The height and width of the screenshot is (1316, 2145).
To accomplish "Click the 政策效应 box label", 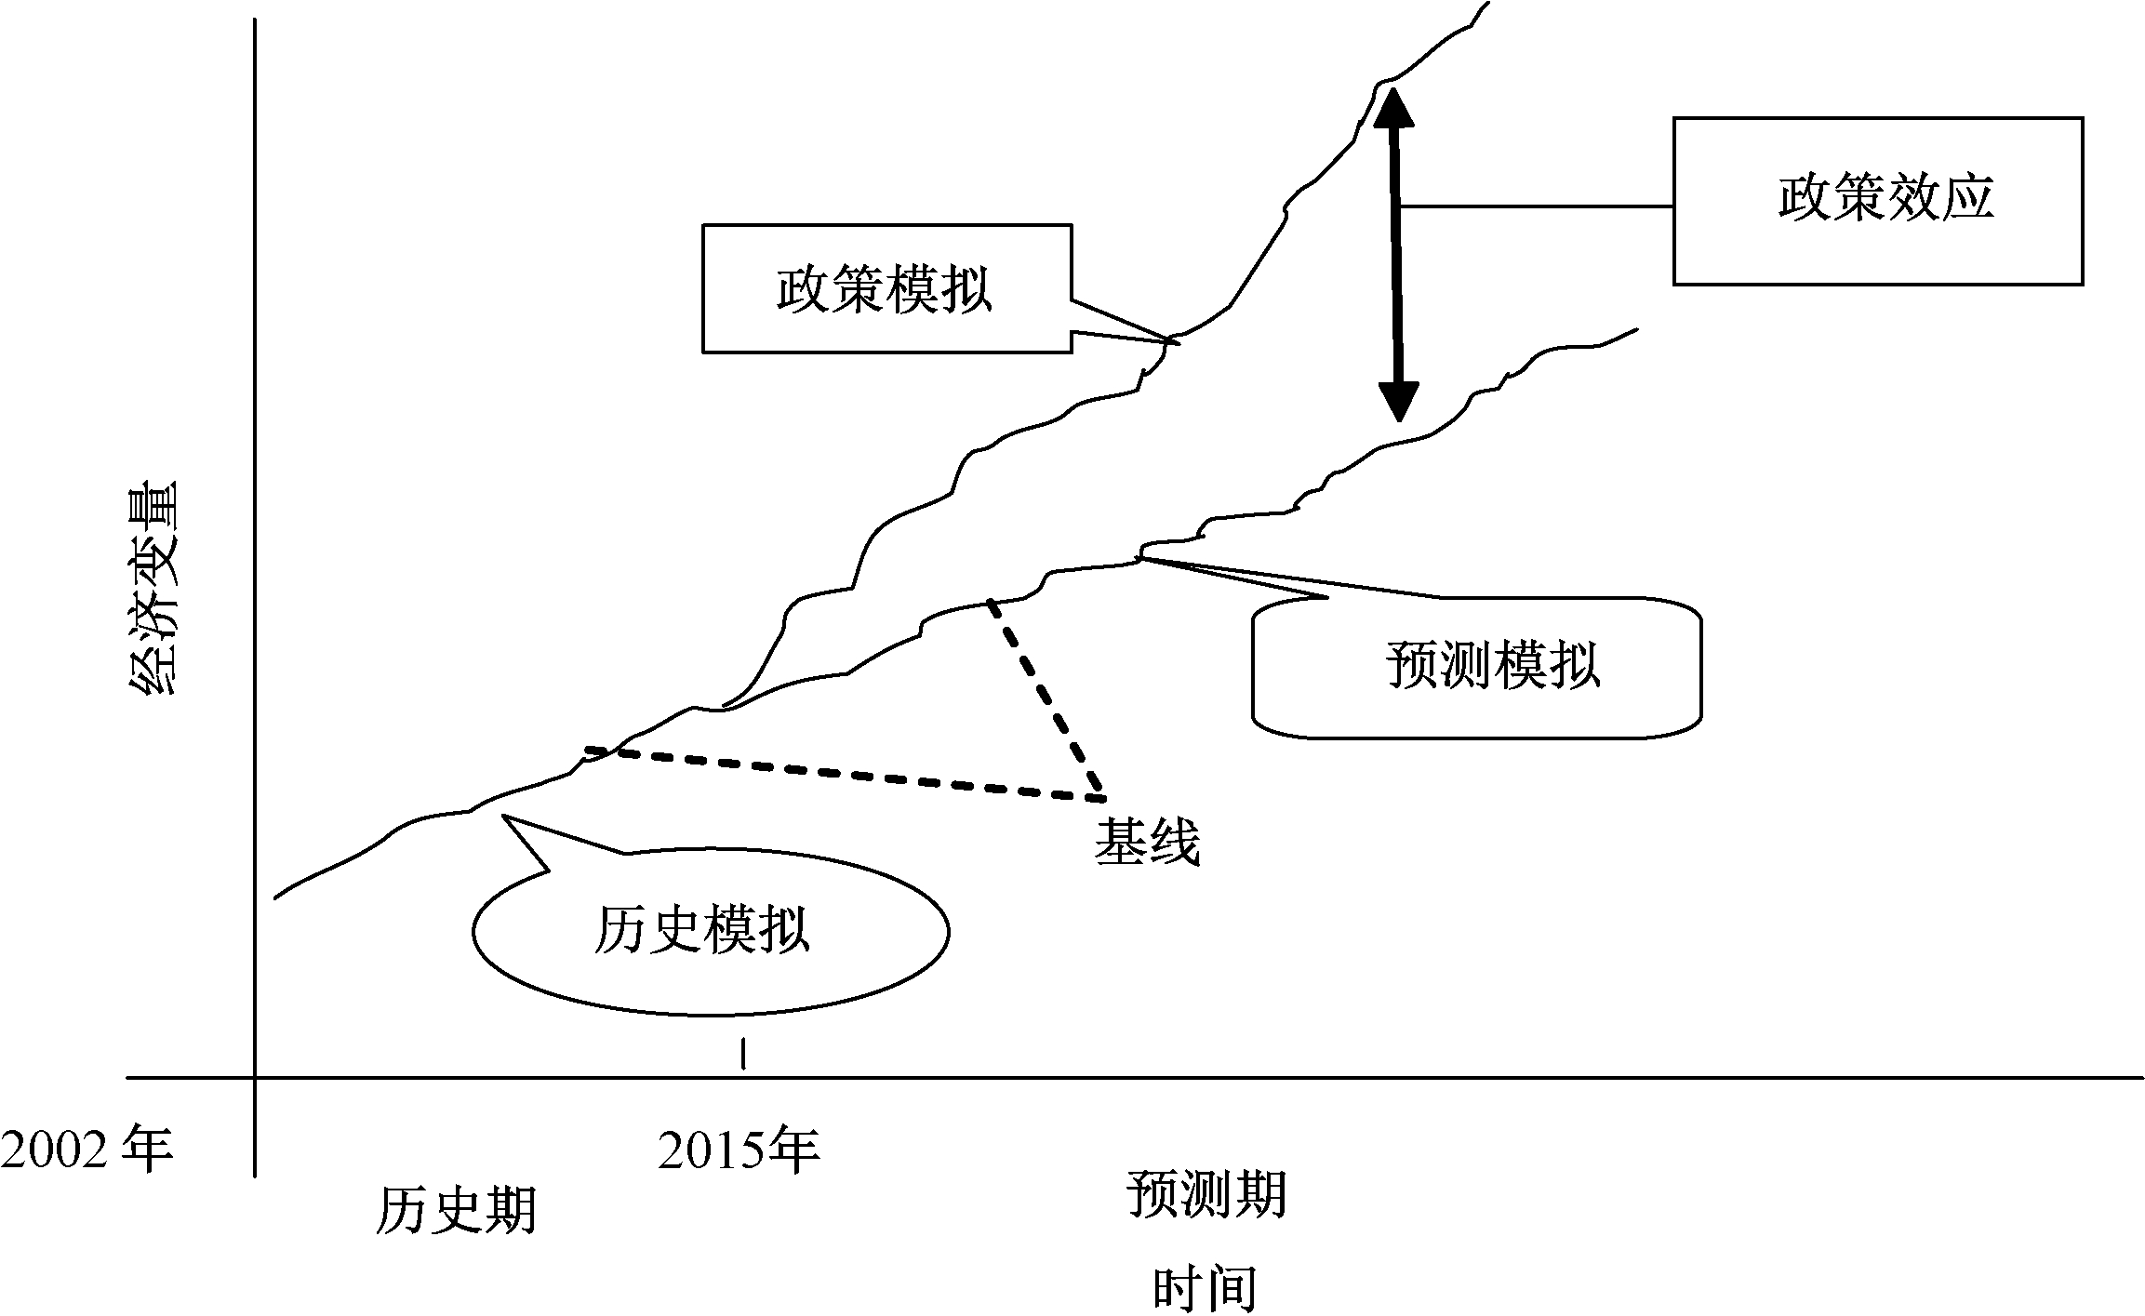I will click(x=1885, y=199).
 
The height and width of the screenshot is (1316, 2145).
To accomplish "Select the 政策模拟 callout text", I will click(x=885, y=289).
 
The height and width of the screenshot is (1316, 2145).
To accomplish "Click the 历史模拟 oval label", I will click(x=702, y=929).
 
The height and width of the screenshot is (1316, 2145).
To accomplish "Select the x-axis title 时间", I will click(x=1205, y=1288).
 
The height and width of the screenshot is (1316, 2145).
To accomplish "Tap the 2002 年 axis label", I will click(x=87, y=1150).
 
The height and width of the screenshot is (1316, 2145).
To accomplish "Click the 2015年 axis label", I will click(x=739, y=1150).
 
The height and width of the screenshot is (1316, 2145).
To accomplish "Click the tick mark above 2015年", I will click(x=742, y=1054).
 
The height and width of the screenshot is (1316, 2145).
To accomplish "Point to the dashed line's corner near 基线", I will click(x=1103, y=798).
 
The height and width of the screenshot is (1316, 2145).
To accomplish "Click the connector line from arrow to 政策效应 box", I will click(x=1535, y=206).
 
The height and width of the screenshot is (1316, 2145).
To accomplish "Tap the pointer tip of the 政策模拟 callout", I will click(x=1179, y=343).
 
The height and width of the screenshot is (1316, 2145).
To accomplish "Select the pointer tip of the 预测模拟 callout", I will click(x=1140, y=558).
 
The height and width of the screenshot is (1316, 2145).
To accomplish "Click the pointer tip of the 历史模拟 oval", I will click(x=503, y=817).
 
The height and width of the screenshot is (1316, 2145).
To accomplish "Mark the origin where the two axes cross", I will click(x=255, y=1079).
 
